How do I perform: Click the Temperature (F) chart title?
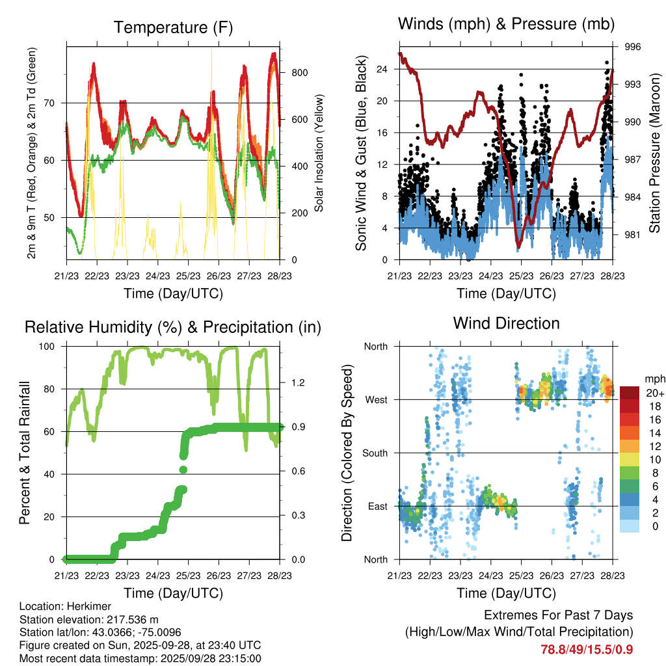(173, 27)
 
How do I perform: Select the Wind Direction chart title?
(506, 323)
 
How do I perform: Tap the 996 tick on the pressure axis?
(633, 47)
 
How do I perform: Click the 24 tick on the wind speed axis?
(382, 69)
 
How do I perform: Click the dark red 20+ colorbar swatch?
(629, 393)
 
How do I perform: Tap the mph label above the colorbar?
(654, 379)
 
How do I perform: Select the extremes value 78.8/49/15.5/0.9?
(587, 649)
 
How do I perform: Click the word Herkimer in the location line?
(83, 606)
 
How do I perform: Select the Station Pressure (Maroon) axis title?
(655, 153)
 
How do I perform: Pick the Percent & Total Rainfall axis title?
(25, 453)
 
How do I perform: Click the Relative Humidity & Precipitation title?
(173, 327)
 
